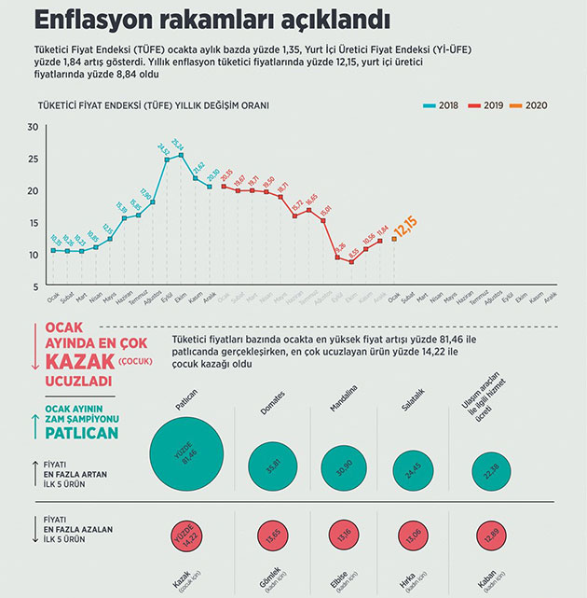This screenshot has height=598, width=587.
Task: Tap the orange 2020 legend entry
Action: point(532,105)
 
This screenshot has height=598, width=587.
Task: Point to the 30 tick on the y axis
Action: point(33,127)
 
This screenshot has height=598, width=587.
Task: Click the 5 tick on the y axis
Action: point(34,286)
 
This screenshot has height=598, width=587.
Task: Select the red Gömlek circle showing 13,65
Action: point(273,536)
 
